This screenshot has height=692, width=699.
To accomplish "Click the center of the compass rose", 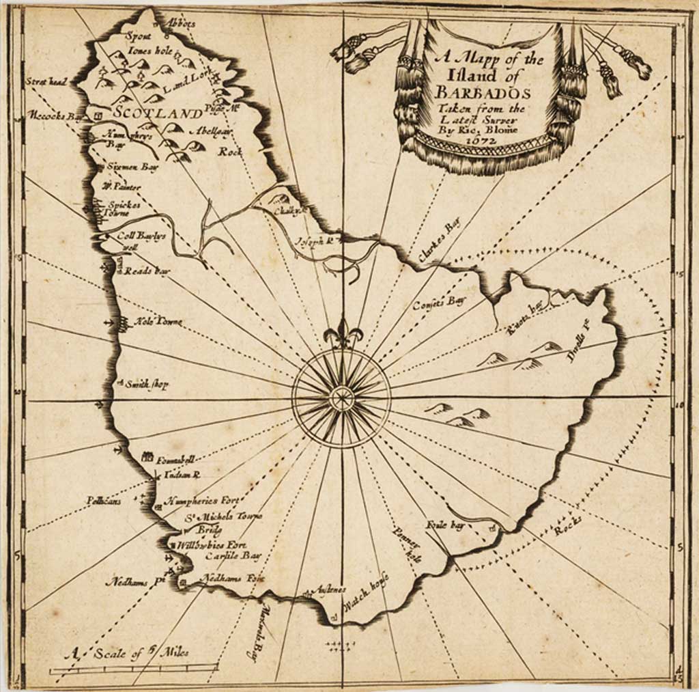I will pyautogui.click(x=341, y=398).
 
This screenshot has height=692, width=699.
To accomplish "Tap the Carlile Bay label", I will pyautogui.click(x=233, y=556).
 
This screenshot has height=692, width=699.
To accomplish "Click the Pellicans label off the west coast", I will pyautogui.click(x=104, y=501).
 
